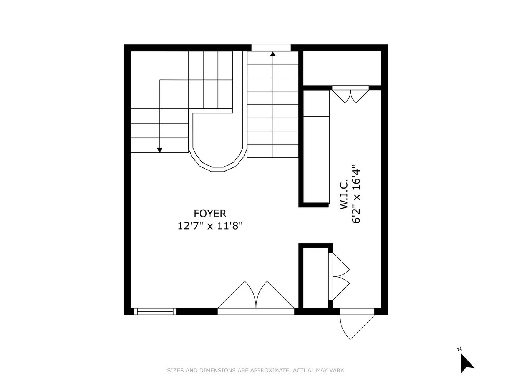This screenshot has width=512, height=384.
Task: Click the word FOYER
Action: click(x=210, y=214)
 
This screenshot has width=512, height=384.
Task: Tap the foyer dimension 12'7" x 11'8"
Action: click(x=210, y=226)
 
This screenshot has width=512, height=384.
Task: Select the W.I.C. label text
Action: click(x=344, y=194)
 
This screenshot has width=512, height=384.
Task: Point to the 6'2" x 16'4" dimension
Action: click(x=356, y=194)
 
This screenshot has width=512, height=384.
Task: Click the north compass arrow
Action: click(x=467, y=363)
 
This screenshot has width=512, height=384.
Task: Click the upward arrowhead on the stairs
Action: click(x=273, y=55)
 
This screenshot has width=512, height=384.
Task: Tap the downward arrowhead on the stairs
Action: click(x=160, y=150)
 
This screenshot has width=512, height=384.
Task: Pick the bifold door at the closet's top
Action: click(x=350, y=95)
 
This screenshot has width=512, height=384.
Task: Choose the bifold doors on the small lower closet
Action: click(x=340, y=276)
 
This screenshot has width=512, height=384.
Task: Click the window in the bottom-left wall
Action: click(x=155, y=311)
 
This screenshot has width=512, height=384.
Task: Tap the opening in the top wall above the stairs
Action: click(x=271, y=48)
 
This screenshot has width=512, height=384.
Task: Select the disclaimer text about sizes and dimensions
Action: click(x=255, y=371)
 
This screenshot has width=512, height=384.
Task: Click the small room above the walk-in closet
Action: click(x=342, y=68)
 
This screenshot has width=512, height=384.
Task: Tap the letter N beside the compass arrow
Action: click(x=459, y=349)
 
